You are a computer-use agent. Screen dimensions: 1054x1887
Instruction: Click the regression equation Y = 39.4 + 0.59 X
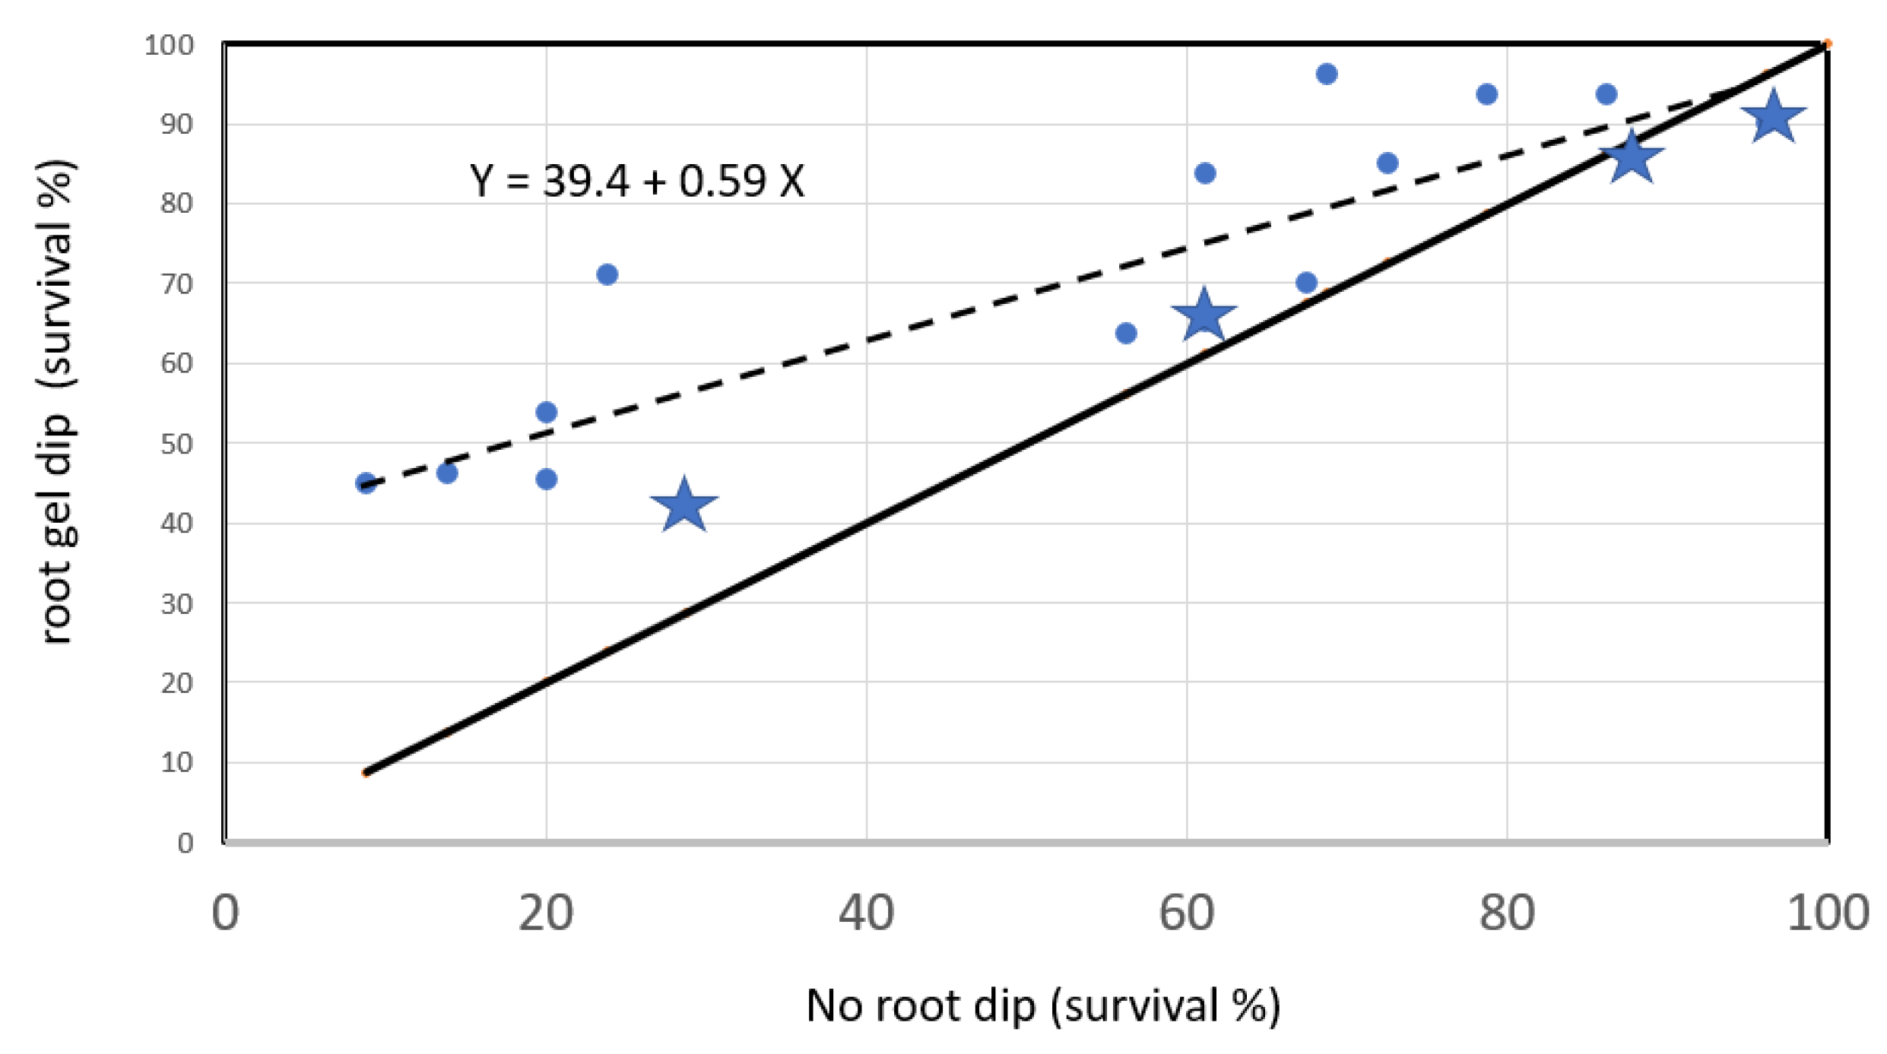click(x=637, y=182)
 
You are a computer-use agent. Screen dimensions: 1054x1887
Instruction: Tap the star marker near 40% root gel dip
click(x=684, y=506)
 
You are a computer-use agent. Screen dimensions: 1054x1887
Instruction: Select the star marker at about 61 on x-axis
click(x=1204, y=315)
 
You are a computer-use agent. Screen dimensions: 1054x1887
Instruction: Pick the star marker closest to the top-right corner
click(x=1774, y=117)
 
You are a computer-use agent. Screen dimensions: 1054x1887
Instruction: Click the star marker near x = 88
click(x=1632, y=157)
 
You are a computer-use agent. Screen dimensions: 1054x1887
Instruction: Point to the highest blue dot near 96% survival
click(x=1327, y=74)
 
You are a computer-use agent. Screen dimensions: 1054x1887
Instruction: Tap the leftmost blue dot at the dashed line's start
click(x=366, y=483)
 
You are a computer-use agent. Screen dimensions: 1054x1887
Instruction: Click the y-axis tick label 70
click(x=176, y=284)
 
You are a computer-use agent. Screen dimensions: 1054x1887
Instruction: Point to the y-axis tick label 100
click(x=169, y=45)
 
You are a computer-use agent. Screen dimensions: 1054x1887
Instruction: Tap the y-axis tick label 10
click(x=176, y=762)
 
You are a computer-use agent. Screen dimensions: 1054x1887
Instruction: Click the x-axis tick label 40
click(x=866, y=913)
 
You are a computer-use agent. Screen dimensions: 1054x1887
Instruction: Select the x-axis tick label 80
click(x=1506, y=913)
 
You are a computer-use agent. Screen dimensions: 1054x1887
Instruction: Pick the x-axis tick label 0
click(x=225, y=913)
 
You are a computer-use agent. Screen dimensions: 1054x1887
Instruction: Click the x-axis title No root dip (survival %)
click(x=1043, y=1006)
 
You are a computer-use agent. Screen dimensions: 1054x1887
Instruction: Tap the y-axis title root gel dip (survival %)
click(x=57, y=403)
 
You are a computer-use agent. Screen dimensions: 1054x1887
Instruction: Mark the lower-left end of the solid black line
click(x=366, y=772)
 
